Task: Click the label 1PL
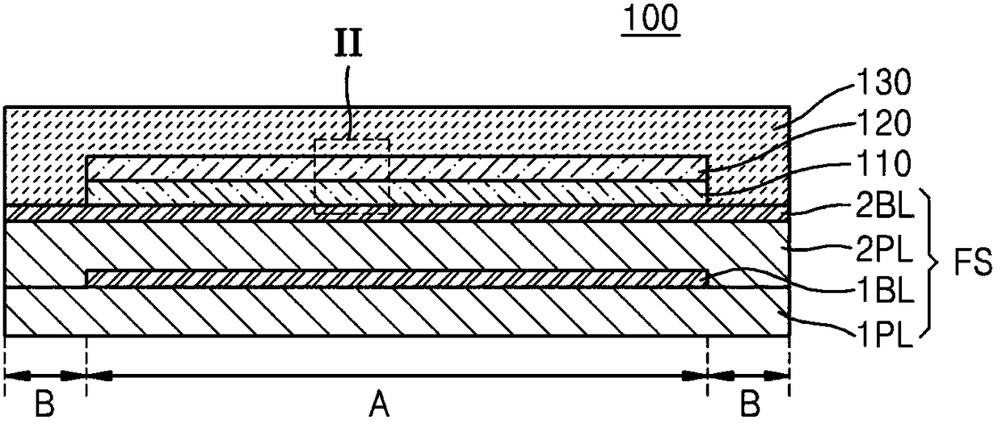(x=886, y=332)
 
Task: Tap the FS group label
(x=973, y=263)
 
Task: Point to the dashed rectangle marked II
(x=352, y=175)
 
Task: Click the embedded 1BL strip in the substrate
(x=396, y=278)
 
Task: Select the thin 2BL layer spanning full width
(x=242, y=212)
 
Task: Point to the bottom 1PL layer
(x=396, y=313)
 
